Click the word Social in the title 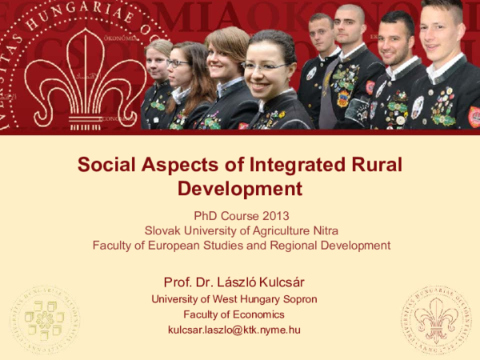click(x=106, y=166)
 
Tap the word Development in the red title click(x=240, y=189)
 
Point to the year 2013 click(x=273, y=215)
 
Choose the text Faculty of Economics click(x=240, y=314)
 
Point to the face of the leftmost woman click(x=158, y=62)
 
